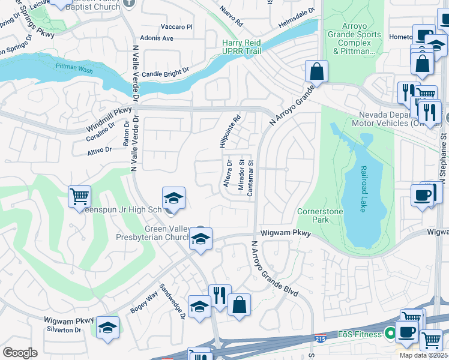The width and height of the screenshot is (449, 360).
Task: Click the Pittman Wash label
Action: point(73,68)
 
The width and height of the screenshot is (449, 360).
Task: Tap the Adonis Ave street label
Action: point(158,38)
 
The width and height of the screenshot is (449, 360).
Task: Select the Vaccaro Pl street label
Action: point(176,27)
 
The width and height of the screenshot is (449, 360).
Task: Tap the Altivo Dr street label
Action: point(100,149)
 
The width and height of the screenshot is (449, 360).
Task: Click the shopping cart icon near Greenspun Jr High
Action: point(79,196)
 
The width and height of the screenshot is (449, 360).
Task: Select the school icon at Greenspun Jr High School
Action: point(173,197)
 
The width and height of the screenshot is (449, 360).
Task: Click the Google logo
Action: point(20,353)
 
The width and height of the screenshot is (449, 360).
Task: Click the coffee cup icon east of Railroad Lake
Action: point(422,195)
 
